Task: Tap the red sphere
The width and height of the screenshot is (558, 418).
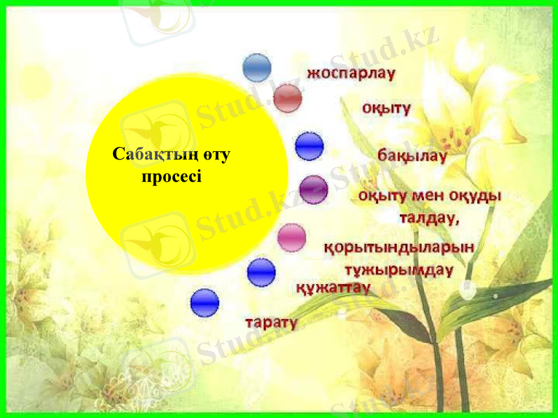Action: pos(287,98)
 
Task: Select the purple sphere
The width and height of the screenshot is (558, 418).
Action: pos(313,189)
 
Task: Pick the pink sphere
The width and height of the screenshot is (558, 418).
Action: pos(292,238)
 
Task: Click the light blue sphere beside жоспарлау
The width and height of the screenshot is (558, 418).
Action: pos(257,68)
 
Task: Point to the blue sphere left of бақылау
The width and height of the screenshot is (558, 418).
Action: pos(309,146)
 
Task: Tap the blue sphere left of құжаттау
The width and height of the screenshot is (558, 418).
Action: pos(262,272)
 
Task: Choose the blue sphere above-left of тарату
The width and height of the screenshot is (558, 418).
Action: pos(204,303)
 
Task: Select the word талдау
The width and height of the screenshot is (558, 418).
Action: pos(428,218)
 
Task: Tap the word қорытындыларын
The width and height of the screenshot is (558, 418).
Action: pos(400,247)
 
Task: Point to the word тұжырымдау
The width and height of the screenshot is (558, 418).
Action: pos(399,269)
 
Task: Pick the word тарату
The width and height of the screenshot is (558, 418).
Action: pos(271,323)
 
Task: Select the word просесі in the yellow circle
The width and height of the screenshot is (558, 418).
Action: pos(172,176)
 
